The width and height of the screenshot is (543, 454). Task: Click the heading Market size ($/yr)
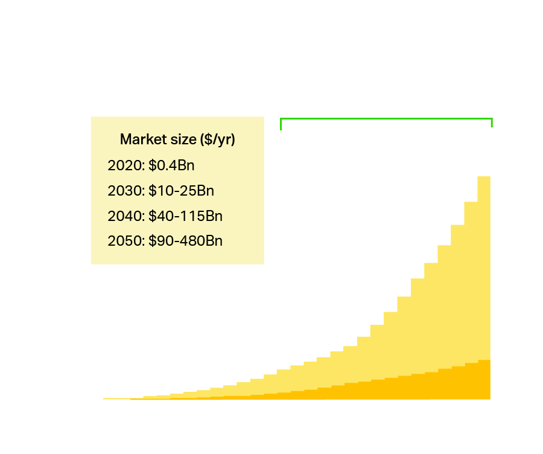pyautogui.click(x=177, y=139)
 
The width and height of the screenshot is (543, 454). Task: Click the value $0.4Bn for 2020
pyautogui.click(x=171, y=165)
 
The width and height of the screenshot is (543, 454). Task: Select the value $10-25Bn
pyautogui.click(x=181, y=191)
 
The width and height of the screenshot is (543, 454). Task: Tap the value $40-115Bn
pyautogui.click(x=185, y=216)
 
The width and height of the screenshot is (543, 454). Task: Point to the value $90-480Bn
pyautogui.click(x=185, y=241)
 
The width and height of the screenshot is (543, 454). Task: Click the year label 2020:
pyautogui.click(x=126, y=165)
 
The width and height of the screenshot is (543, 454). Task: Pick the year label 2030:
pyautogui.click(x=126, y=191)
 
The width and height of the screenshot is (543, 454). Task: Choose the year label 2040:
pyautogui.click(x=126, y=216)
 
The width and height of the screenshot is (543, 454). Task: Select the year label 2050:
pyautogui.click(x=126, y=241)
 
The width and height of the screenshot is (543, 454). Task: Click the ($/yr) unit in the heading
pyautogui.click(x=217, y=139)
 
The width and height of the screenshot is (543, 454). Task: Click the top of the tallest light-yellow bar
pyautogui.click(x=484, y=177)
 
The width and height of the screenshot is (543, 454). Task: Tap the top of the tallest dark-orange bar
pyautogui.click(x=484, y=360)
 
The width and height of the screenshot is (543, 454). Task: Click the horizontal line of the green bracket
pyautogui.click(x=386, y=119)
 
